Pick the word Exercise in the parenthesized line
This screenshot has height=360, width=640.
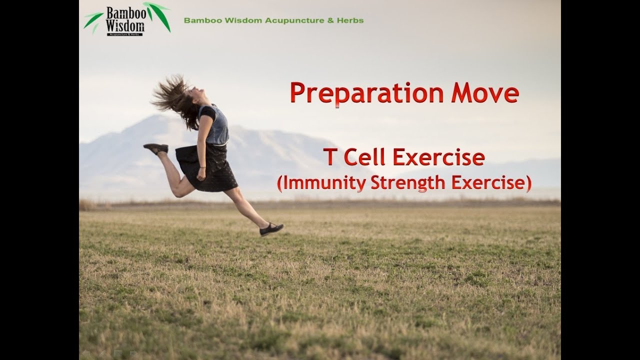(490, 183)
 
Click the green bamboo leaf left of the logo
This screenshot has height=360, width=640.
(93, 20)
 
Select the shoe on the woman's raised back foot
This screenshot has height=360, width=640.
(155, 148)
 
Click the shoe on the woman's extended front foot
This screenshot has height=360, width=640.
(271, 229)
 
